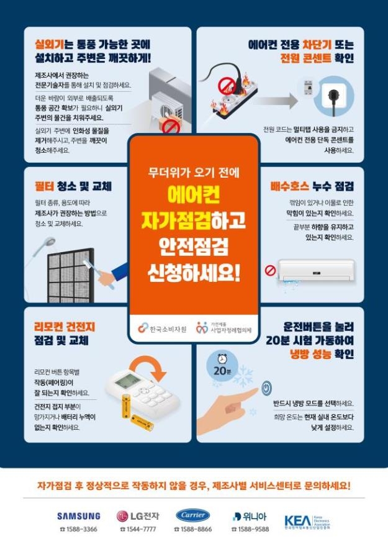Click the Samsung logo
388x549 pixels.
(x=78, y=515)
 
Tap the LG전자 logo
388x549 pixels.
(x=138, y=515)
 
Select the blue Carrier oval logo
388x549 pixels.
(x=192, y=515)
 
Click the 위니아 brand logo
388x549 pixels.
(x=250, y=515)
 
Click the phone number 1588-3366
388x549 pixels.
(x=78, y=529)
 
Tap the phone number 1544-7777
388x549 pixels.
(x=138, y=529)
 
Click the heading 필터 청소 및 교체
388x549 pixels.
(x=73, y=186)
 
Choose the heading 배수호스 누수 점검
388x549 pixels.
(x=312, y=186)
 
